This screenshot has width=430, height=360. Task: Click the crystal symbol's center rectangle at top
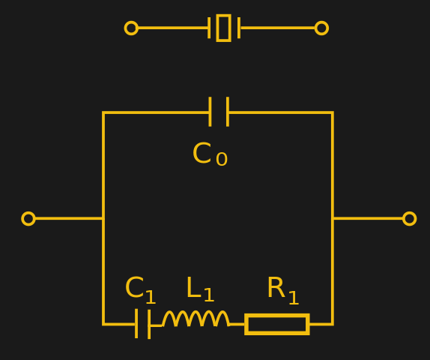pyautogui.click(x=223, y=28)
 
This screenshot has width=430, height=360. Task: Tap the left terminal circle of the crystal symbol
pyautogui.click(x=131, y=28)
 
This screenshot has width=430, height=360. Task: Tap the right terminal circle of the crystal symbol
pyautogui.click(x=321, y=28)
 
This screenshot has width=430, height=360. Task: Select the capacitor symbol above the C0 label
pyautogui.click(x=219, y=112)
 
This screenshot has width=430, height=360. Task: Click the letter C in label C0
pyautogui.click(x=202, y=154)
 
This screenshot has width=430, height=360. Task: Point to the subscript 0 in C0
pyautogui.click(x=222, y=160)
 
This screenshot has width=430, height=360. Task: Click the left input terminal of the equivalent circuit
pyautogui.click(x=28, y=218)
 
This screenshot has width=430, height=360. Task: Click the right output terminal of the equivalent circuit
pyautogui.click(x=409, y=218)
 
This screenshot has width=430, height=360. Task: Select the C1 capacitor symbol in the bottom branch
pyautogui.click(x=143, y=324)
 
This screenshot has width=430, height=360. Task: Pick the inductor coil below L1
pyautogui.click(x=196, y=319)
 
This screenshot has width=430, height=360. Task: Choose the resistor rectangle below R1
pyautogui.click(x=276, y=324)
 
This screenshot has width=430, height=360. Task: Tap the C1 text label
pyautogui.click(x=140, y=289)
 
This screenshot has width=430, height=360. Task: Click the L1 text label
pyautogui.click(x=199, y=289)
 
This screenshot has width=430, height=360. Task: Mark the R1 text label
pyautogui.click(x=282, y=289)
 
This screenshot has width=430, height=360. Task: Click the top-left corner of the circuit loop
pyautogui.click(x=103, y=112)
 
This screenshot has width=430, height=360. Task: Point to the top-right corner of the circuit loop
pyautogui.click(x=332, y=112)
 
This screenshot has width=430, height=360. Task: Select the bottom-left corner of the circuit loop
pyautogui.click(x=103, y=324)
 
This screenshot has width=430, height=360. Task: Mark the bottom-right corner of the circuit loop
pyautogui.click(x=332, y=324)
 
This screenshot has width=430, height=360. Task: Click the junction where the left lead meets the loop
pyautogui.click(x=103, y=218)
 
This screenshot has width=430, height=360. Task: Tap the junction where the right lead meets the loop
pyautogui.click(x=332, y=218)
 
